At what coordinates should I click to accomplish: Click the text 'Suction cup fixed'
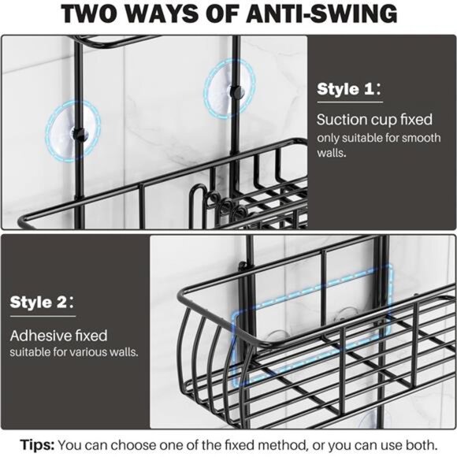point(374,120)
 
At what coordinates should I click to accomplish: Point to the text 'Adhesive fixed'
point(58,336)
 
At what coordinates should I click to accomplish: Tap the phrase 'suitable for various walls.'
point(74,352)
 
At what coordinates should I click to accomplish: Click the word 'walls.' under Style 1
point(332,153)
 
